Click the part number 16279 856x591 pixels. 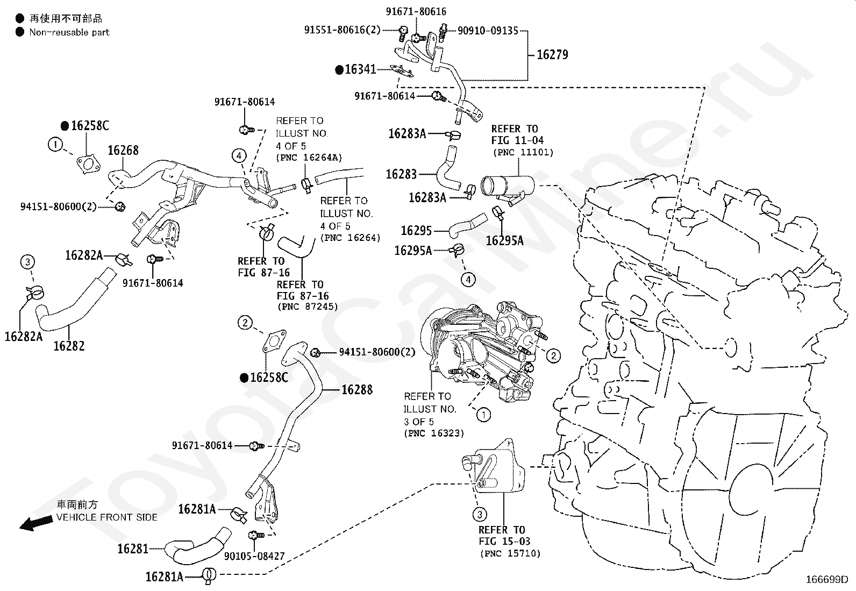pyautogui.click(x=552, y=54)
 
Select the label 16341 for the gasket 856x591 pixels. pyautogui.click(x=360, y=69)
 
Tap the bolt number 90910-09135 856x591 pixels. pyautogui.click(x=488, y=31)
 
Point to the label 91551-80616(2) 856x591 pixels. pyautogui.click(x=342, y=30)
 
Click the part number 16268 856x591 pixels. pyautogui.click(x=123, y=150)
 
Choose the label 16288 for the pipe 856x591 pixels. pyautogui.click(x=357, y=389)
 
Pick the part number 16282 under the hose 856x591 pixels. pyautogui.click(x=69, y=346)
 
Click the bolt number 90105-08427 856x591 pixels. pyautogui.click(x=254, y=556)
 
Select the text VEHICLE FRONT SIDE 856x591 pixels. pyautogui.click(x=107, y=517)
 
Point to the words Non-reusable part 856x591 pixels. pyautogui.click(x=69, y=32)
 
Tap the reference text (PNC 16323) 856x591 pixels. pyautogui.click(x=433, y=433)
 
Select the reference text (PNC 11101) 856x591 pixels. pyautogui.click(x=523, y=152)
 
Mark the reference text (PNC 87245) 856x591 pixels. pyautogui.click(x=308, y=307)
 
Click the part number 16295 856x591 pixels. pyautogui.click(x=416, y=231)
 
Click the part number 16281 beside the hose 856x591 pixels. pyautogui.click(x=133, y=549)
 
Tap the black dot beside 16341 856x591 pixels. pyautogui.click(x=339, y=70)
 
